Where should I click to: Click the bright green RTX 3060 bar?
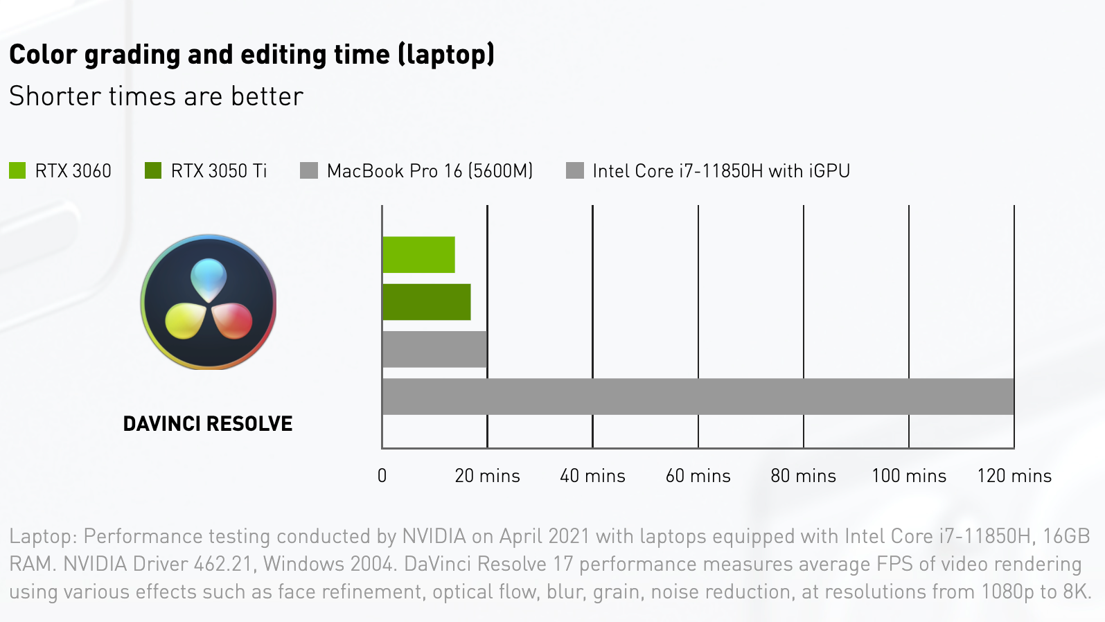point(418,255)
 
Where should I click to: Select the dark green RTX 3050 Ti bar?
point(426,302)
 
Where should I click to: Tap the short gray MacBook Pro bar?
point(434,349)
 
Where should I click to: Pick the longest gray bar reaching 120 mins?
point(698,396)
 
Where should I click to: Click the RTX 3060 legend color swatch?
point(17,170)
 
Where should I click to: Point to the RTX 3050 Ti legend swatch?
point(153,170)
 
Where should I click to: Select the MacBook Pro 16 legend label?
point(430,171)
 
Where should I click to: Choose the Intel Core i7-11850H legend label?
point(721,171)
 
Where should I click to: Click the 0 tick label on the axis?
point(382,476)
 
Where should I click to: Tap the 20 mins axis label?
point(487,476)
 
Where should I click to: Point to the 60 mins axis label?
point(698,476)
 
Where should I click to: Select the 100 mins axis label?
point(908,476)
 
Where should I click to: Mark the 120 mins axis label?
point(1014,476)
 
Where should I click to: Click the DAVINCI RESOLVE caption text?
point(208,423)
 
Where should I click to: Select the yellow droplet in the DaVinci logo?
point(184,321)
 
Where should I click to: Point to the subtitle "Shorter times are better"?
point(156,96)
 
